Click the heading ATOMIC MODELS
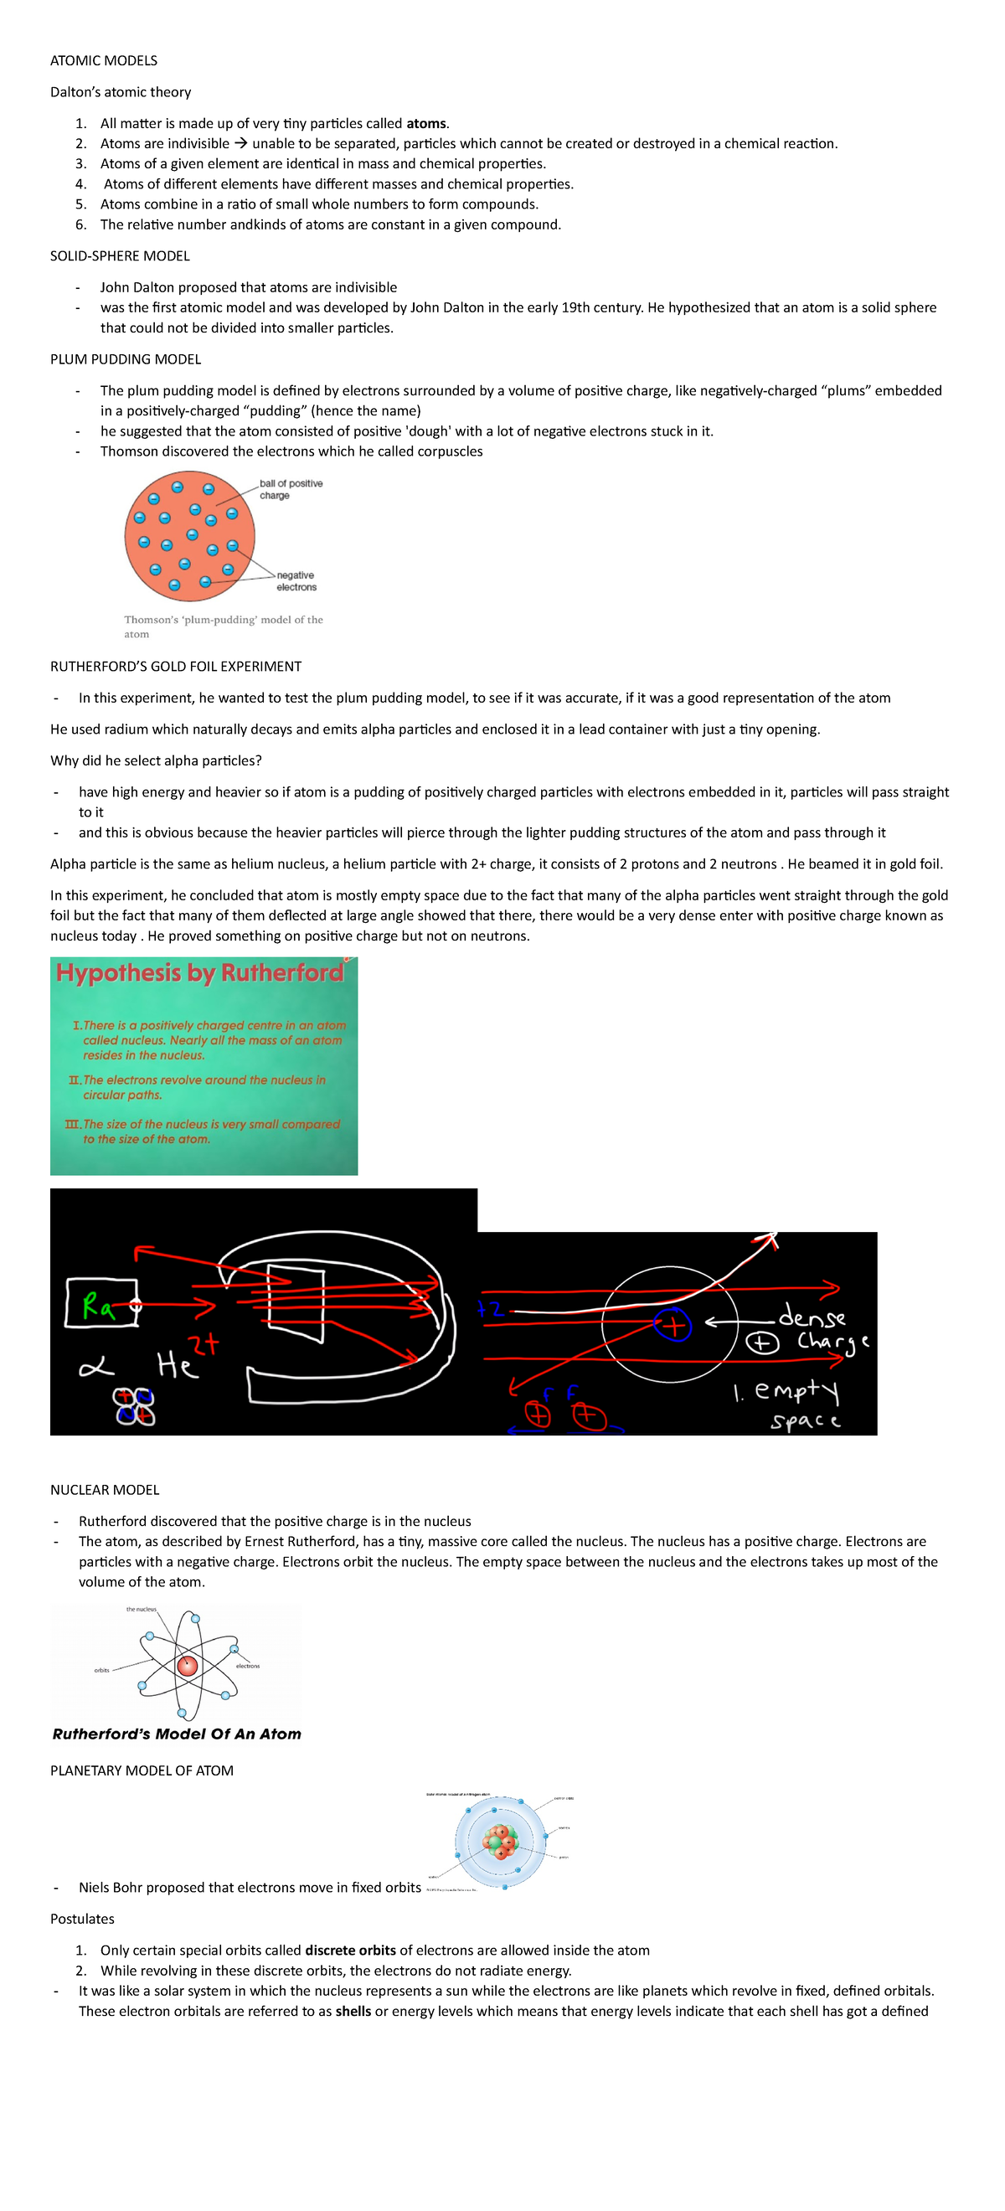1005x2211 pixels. [x=104, y=60]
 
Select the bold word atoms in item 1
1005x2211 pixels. [x=425, y=124]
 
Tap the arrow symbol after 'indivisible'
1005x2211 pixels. [x=241, y=143]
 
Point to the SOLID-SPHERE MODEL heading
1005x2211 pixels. [x=120, y=255]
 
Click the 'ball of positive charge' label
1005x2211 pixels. [x=290, y=489]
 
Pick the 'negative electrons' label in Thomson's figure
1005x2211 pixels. [x=296, y=581]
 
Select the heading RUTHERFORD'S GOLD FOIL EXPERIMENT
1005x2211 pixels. [x=176, y=666]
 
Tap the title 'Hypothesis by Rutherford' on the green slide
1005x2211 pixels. [x=200, y=972]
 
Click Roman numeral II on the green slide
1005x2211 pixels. [x=75, y=1080]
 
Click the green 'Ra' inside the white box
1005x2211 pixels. [x=98, y=1306]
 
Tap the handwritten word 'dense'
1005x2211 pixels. [x=812, y=1316]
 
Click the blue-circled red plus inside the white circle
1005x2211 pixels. [x=672, y=1325]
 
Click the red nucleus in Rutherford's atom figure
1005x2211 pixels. [x=187, y=1666]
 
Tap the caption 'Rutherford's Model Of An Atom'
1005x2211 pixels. [x=177, y=1734]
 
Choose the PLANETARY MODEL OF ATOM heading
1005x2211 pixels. [x=142, y=1770]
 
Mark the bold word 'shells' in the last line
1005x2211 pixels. [x=353, y=2011]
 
